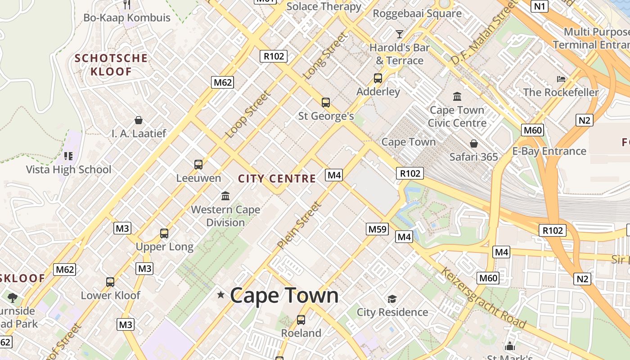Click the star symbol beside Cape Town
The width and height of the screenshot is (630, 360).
pos(220,295)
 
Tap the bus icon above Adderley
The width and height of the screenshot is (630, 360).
pos(378,78)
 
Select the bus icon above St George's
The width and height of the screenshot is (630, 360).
pos(326,103)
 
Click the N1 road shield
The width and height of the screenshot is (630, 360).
pos(540,6)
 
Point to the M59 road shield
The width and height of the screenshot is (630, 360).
pos(377,229)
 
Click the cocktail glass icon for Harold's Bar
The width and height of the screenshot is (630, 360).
pos(399,34)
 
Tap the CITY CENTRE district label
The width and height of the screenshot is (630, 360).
pos(277,179)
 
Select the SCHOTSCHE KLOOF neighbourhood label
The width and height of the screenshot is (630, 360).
pos(111,65)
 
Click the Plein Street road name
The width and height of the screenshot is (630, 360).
pos(299,225)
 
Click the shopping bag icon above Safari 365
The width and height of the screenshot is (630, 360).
pos(473,144)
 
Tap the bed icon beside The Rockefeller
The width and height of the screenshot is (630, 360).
pos(561,79)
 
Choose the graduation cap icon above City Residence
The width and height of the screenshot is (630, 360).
pos(392,299)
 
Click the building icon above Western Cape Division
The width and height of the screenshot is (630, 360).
pos(225,196)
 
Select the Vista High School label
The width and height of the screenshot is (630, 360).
pos(68,170)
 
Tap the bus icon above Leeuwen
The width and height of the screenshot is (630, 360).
pos(198,165)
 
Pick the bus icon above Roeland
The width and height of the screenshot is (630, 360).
pos(301,320)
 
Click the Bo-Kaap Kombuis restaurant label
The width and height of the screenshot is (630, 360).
pos(127,18)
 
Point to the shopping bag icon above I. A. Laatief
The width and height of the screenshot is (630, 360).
pos(139,120)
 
